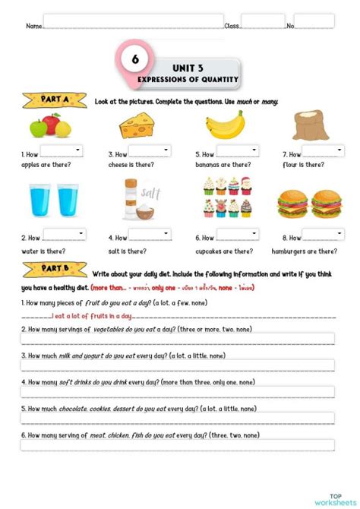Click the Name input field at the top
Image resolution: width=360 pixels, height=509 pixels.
(x=133, y=21)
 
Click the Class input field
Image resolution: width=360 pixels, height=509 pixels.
(x=263, y=21)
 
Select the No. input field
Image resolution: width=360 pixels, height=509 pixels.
(x=314, y=21)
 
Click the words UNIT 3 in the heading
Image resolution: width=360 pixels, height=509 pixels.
(x=187, y=67)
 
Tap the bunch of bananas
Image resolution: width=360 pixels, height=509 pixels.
(x=225, y=125)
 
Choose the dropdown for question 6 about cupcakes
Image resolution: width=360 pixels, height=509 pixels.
(x=236, y=236)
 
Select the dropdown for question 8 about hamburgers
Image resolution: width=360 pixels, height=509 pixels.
(x=323, y=236)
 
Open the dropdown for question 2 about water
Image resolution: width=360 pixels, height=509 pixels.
(x=62, y=236)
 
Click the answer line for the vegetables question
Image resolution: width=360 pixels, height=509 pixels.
(x=178, y=339)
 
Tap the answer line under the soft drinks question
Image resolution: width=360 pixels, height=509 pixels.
(x=178, y=392)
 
